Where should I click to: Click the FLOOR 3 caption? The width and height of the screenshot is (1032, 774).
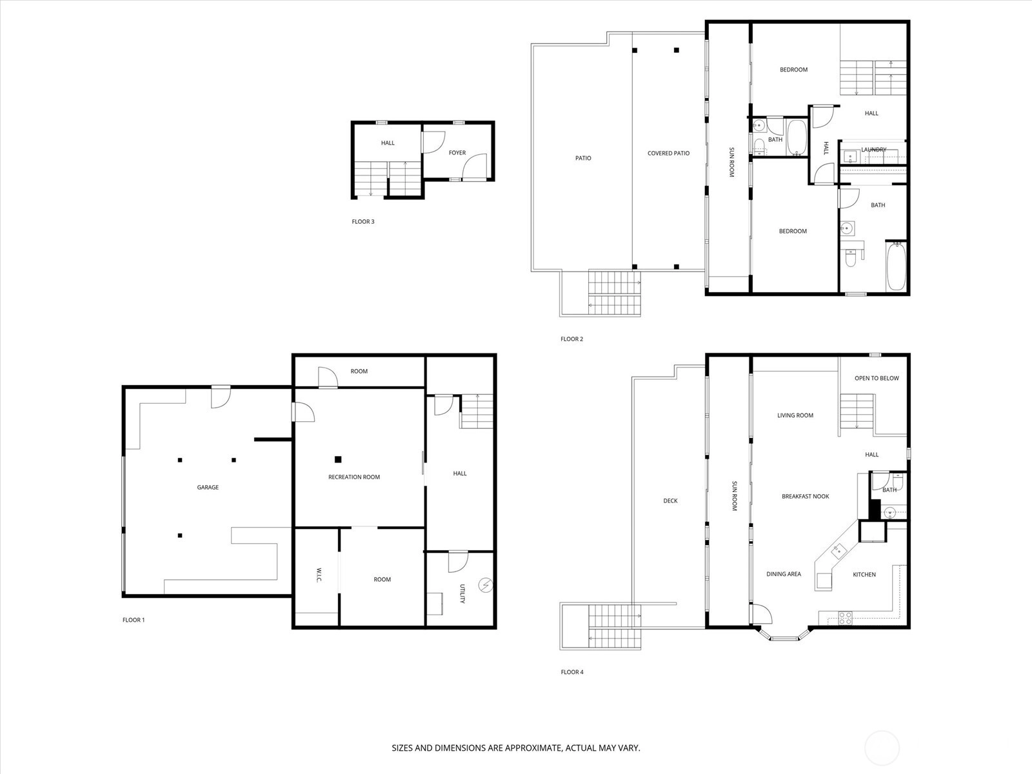362,222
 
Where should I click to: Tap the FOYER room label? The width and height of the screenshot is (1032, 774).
457,153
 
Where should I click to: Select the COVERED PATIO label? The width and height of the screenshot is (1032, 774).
668,154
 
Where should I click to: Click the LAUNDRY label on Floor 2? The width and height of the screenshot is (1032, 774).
873,150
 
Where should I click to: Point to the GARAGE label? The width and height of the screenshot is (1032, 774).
208,488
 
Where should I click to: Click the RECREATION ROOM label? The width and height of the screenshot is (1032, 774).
354,477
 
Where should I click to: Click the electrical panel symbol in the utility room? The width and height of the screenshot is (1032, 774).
484,585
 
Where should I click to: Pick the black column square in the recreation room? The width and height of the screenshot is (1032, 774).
338,459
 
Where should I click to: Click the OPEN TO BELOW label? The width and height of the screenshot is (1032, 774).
877,379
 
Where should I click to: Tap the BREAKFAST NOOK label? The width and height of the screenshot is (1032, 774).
805,497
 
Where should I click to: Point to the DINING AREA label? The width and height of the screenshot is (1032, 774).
784,574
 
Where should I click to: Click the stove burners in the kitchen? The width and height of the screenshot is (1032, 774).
846,617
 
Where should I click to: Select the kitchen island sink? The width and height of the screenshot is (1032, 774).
838,550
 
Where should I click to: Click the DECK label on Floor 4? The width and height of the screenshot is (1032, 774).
670,501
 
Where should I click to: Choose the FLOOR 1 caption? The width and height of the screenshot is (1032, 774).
134,620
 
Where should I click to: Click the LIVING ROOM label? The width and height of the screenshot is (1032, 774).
795,416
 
